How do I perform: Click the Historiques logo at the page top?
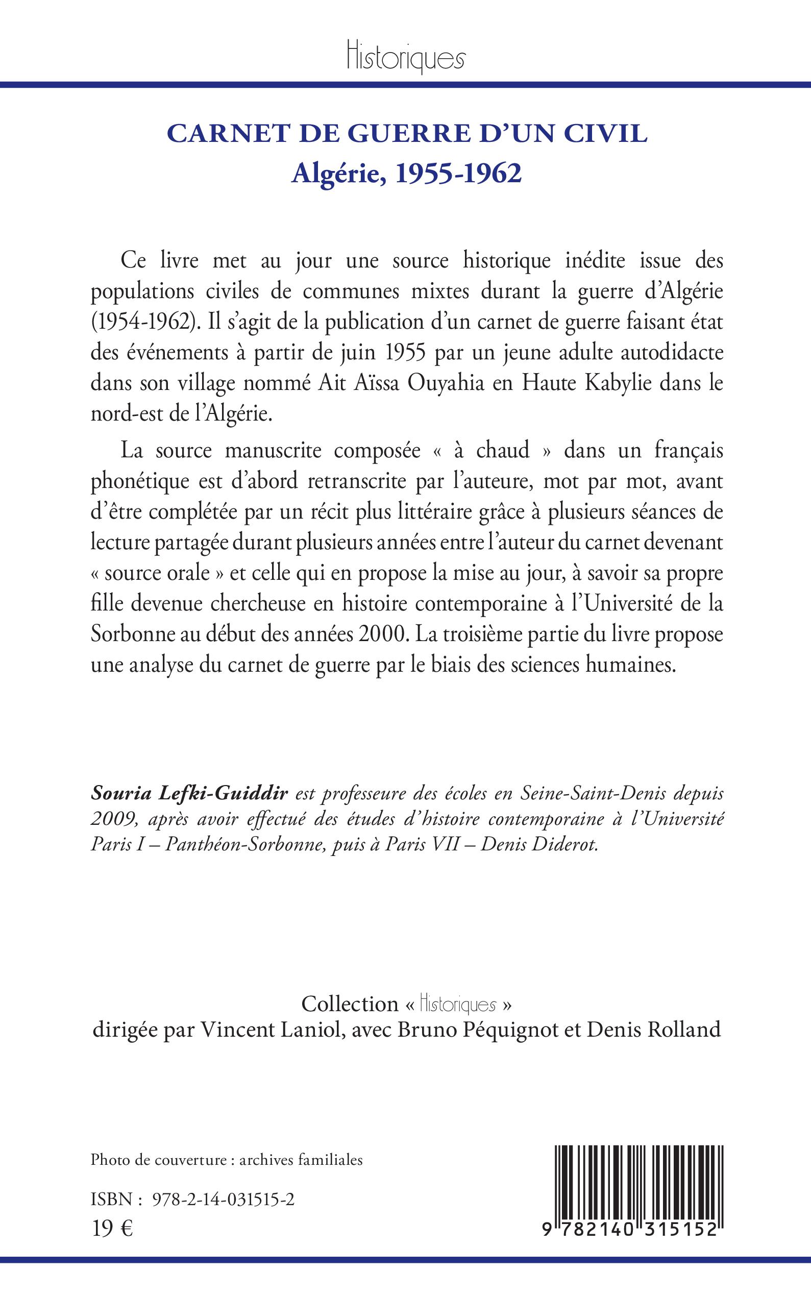405,57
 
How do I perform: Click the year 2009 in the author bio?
110,820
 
